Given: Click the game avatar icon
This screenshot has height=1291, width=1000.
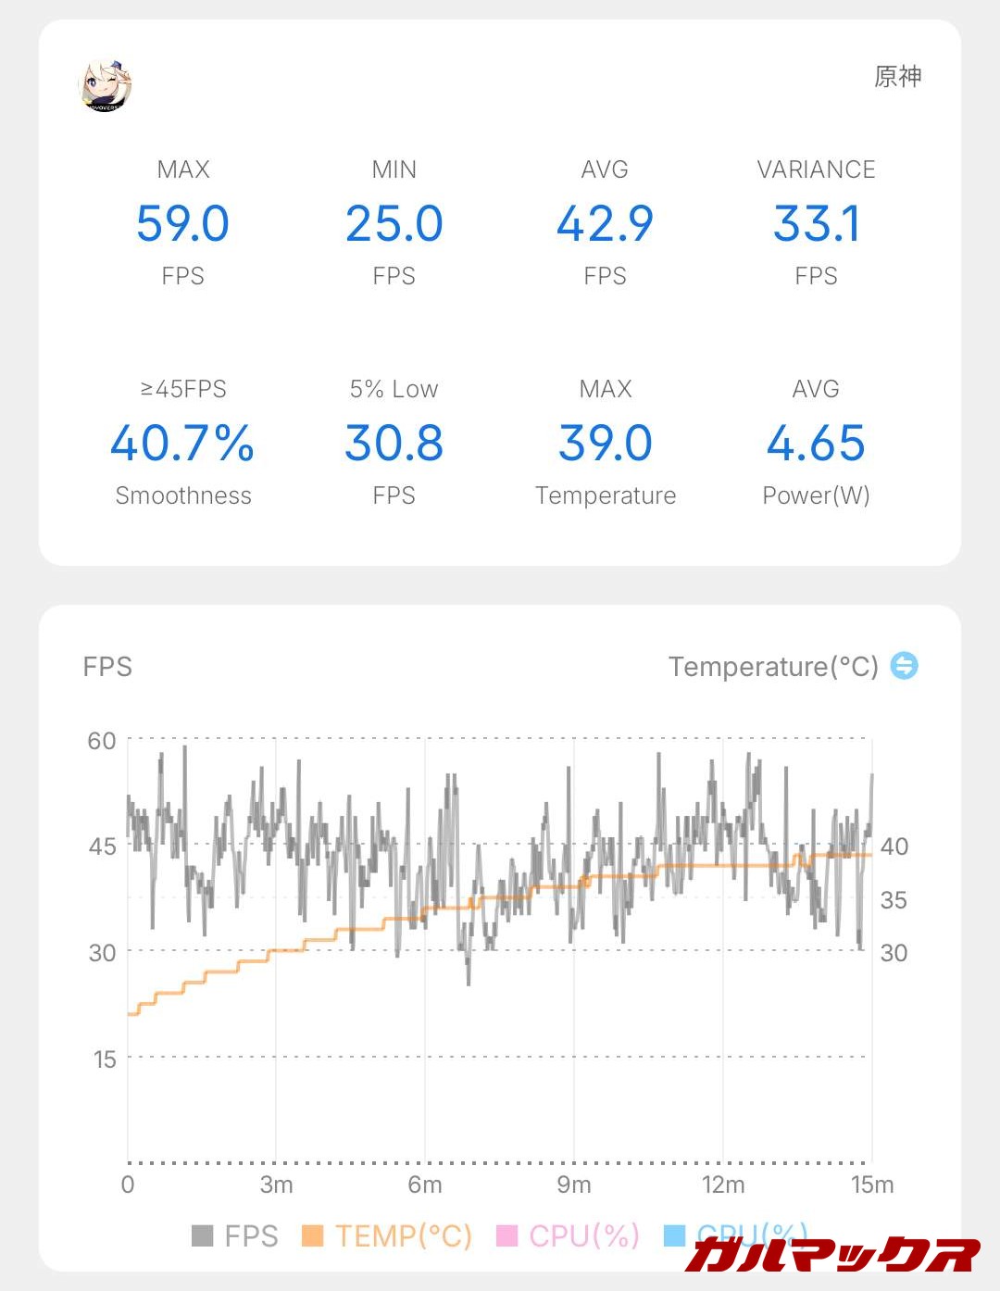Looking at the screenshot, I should tap(106, 85).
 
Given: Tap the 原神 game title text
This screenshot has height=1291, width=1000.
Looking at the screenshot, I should tap(897, 77).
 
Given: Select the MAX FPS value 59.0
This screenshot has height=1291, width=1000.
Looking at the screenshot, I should tap(182, 224).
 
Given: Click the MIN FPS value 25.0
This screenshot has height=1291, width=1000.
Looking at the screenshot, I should tap(394, 224).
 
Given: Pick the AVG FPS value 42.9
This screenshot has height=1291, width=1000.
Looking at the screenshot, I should tap(605, 224).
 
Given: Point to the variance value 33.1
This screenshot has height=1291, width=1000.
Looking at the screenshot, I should tap(816, 224).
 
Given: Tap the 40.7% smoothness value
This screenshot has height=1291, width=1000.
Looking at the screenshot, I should tap(182, 444).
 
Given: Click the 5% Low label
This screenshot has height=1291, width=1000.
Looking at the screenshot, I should tap(394, 389).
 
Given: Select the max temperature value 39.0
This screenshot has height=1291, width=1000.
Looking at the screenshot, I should tap(605, 444).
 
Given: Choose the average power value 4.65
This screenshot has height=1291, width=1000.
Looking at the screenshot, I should tap(816, 444).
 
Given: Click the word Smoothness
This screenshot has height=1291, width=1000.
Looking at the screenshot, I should tap(182, 495).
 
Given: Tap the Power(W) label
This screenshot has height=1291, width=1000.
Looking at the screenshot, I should tap(816, 495).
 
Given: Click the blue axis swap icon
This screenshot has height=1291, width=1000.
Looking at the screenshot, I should tap(904, 665).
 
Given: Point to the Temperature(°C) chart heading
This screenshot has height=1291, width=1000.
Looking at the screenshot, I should tap(773, 667).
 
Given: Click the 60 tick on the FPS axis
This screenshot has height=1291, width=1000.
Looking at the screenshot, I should tap(102, 741).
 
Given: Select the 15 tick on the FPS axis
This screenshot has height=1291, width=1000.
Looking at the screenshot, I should tap(105, 1059).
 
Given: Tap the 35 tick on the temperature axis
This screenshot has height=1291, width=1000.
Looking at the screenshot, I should tap(894, 900).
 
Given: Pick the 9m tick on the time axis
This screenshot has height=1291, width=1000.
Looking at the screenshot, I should tap(574, 1184).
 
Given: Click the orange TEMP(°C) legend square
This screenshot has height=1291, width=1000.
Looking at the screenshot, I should tap(313, 1235).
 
